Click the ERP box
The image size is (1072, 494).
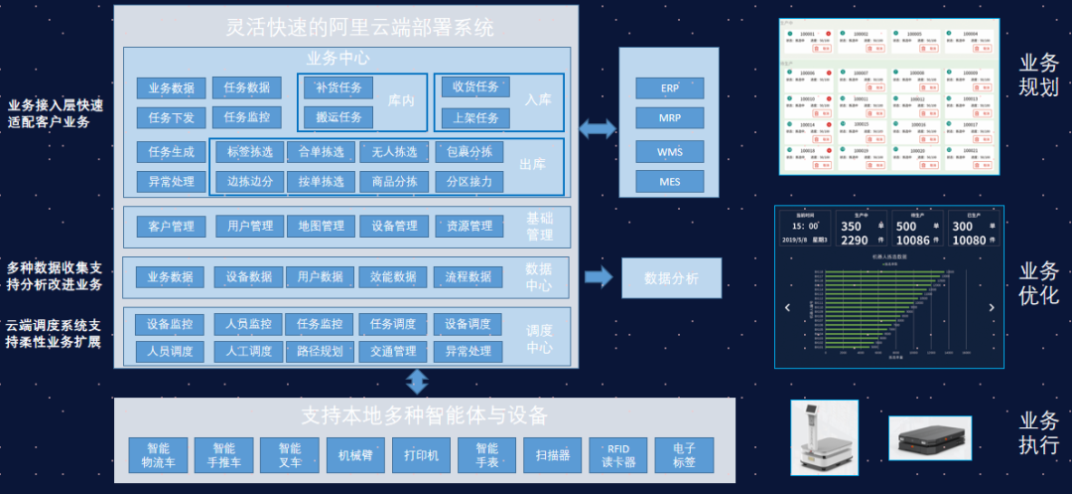[669, 87]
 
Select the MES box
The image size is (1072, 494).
[669, 181]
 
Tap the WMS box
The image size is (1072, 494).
[669, 152]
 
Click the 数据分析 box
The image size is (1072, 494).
[671, 278]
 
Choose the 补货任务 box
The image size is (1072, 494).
[337, 87]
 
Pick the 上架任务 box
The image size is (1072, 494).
[475, 117]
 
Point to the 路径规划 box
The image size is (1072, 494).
[320, 351]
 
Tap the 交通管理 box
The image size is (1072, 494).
[393, 351]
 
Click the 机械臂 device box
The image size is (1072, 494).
[355, 455]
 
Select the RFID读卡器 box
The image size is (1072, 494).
[617, 455]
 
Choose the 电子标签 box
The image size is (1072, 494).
[684, 455]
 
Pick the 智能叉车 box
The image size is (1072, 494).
[289, 455]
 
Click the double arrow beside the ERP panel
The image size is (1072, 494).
[597, 128]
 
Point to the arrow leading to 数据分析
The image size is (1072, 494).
[599, 276]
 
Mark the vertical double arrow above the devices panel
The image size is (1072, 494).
[417, 382]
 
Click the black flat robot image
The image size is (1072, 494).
[929, 437]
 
